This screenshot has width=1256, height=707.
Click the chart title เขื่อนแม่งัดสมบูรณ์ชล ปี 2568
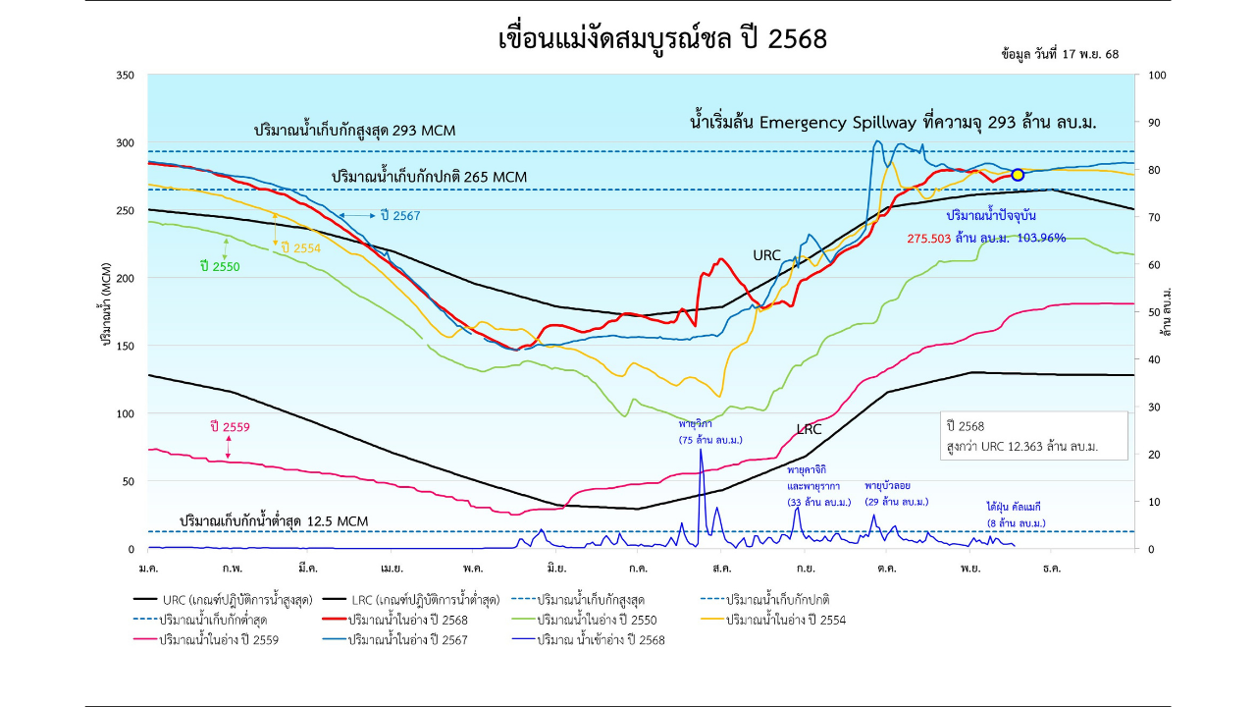click(x=663, y=39)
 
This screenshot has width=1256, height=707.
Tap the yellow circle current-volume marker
click(x=1018, y=175)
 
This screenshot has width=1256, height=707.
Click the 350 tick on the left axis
click(x=126, y=75)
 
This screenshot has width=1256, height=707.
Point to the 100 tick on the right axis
click(x=1157, y=75)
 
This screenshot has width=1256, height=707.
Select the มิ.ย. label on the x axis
click(x=556, y=568)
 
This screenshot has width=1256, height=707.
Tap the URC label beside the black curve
click(x=766, y=255)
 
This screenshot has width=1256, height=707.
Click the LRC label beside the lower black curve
click(x=809, y=429)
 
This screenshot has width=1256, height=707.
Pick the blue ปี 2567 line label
click(x=398, y=215)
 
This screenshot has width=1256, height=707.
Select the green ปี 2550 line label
click(x=219, y=266)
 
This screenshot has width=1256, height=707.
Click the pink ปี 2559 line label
click(x=230, y=427)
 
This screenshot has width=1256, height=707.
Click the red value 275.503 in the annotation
click(x=928, y=238)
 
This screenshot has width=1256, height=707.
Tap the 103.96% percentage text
click(x=1042, y=238)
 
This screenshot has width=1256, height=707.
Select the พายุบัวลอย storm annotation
click(x=896, y=493)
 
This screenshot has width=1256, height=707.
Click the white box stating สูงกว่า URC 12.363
click(x=1033, y=436)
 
